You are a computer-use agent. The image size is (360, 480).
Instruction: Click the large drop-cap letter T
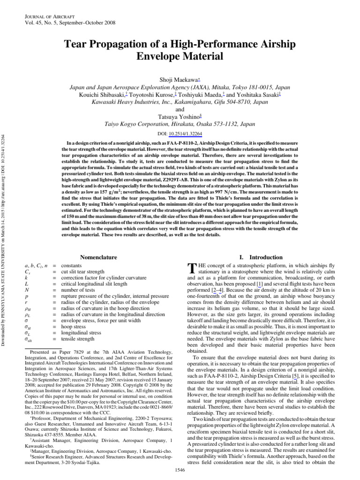(190, 269)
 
